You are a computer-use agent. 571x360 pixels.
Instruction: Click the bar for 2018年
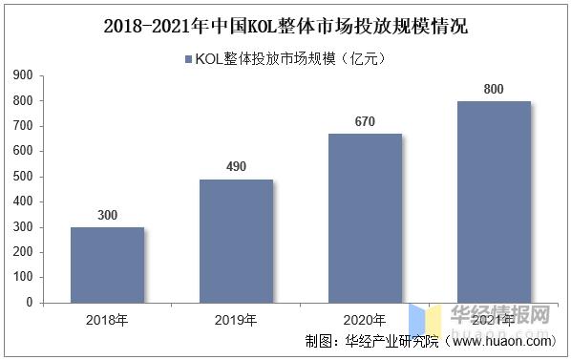(x=107, y=265)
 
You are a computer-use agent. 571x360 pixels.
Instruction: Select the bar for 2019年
(x=236, y=241)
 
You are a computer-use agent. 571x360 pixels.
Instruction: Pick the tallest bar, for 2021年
(x=494, y=201)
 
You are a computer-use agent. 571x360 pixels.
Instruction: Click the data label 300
(x=107, y=216)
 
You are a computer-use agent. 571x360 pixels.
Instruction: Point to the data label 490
(x=236, y=167)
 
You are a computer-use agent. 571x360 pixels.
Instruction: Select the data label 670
(x=365, y=121)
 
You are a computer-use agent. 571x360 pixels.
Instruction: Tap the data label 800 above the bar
(x=494, y=89)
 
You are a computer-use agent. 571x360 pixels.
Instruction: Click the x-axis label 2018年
(x=107, y=319)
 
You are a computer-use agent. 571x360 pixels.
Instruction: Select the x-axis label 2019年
(x=236, y=319)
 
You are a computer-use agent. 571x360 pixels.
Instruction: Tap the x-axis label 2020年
(x=365, y=319)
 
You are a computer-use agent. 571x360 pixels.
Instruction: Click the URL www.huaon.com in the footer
(x=500, y=341)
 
